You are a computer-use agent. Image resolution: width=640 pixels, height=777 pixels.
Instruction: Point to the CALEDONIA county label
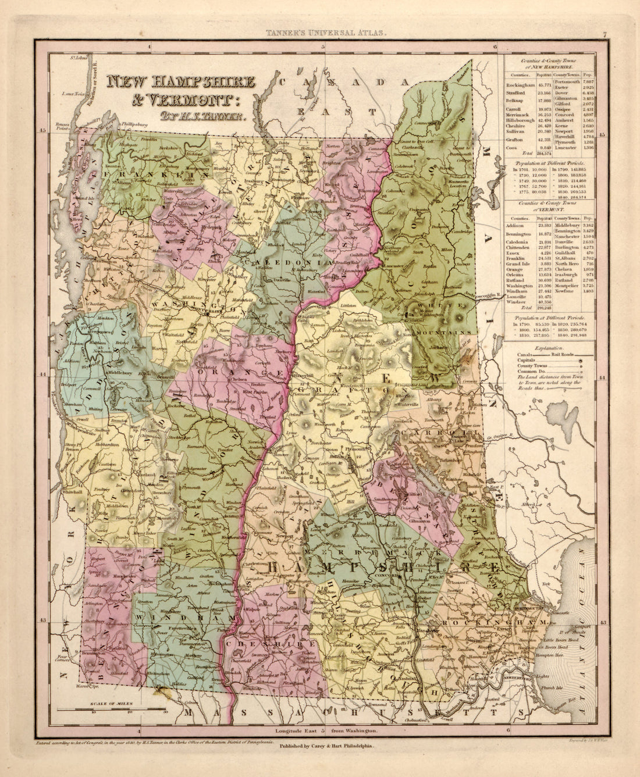pos(280,263)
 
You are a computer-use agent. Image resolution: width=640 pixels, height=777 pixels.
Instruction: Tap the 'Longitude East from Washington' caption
pos(321,730)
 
